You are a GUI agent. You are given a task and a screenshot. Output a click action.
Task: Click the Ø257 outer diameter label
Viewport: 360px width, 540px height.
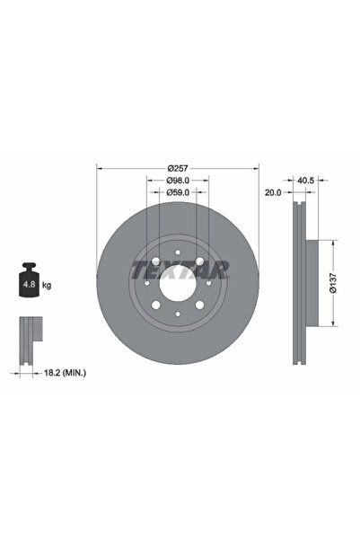coord(178,169)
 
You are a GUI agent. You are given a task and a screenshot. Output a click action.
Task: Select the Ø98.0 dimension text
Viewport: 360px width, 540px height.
coord(178,180)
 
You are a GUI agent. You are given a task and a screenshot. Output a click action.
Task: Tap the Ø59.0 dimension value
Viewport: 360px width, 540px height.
coord(178,191)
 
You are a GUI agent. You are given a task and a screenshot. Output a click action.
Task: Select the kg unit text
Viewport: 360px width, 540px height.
coord(47,285)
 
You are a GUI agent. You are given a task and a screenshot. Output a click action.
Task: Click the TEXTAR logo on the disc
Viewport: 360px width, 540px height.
coord(179,267)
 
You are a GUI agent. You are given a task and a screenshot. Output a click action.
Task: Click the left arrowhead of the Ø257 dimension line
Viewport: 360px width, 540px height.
coord(99,168)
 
